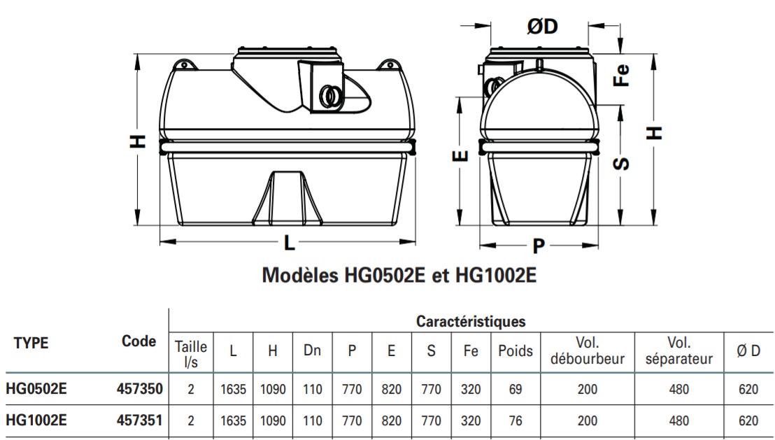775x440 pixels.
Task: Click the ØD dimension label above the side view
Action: tap(542, 26)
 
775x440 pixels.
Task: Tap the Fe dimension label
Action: tap(621, 75)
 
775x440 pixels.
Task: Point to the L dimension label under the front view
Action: tap(289, 243)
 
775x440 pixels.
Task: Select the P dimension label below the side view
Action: tap(539, 246)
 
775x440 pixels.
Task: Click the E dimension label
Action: tap(460, 156)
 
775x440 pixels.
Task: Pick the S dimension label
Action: tap(621, 163)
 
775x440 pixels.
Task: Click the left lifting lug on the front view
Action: tap(184, 65)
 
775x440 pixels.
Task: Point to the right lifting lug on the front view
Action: tap(389, 65)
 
